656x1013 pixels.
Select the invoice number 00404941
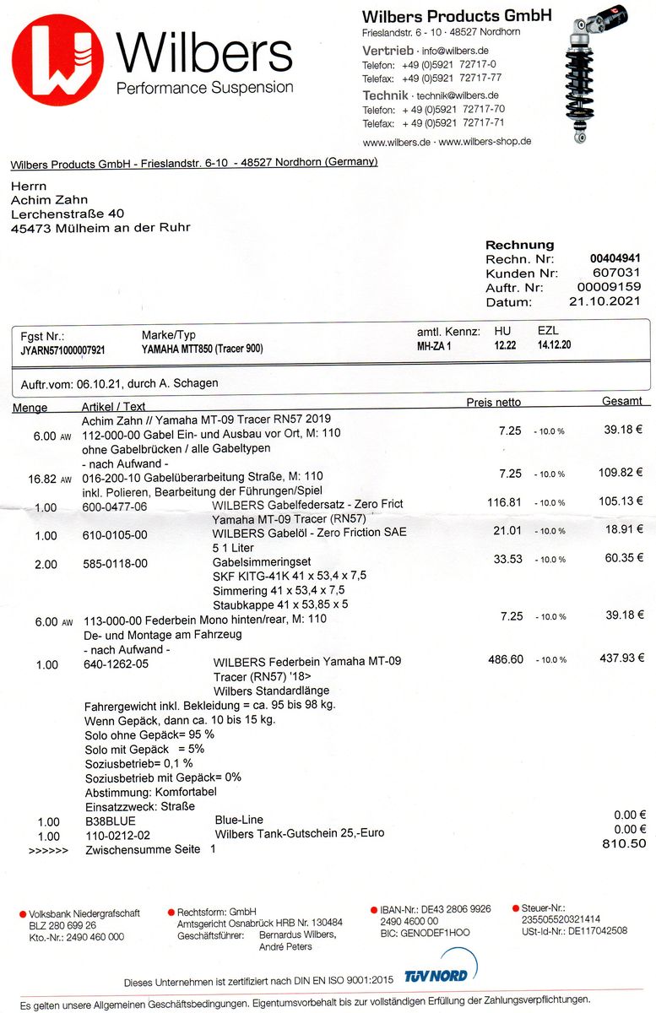615,259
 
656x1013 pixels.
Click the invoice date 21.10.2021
604,301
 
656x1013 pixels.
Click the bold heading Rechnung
519,245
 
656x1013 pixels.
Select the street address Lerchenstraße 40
68,214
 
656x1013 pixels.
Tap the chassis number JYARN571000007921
63,349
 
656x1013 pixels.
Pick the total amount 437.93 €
621,658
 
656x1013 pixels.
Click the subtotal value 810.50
624,843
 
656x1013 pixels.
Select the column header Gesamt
622,402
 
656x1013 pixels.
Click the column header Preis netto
493,403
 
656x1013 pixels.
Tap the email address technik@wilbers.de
458,96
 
